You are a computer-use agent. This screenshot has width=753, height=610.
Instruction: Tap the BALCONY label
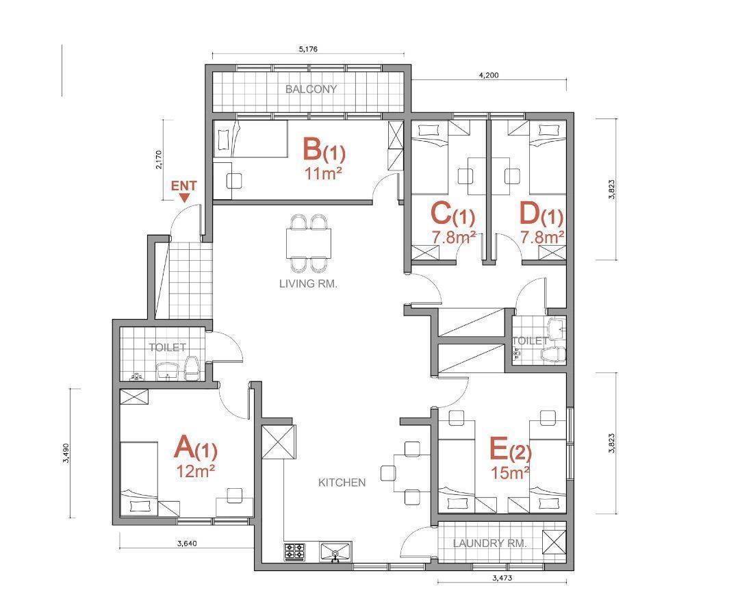pos(311,89)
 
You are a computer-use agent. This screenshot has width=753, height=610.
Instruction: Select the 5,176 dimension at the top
pos(308,49)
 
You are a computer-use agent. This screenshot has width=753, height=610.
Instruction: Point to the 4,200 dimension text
pos(489,75)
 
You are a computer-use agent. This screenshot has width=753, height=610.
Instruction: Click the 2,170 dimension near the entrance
pos(159,160)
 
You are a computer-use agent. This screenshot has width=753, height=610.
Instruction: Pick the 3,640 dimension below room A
pos(187,544)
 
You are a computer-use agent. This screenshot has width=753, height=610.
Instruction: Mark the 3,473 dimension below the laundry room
pos(502,578)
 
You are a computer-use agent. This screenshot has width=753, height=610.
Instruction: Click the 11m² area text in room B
pos(323,173)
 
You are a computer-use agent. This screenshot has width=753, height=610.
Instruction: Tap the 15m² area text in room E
pos(510,472)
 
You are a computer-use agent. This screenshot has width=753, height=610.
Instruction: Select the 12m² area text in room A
pos(195,472)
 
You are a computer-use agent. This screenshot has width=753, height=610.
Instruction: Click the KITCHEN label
pos(342,482)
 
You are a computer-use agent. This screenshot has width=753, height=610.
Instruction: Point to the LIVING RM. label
pos(308,283)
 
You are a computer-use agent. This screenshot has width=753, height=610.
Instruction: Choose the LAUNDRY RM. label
pos(490,543)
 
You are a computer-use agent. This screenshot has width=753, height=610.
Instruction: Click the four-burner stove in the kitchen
pos(295,552)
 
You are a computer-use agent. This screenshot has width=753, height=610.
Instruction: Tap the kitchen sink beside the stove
pos(335,552)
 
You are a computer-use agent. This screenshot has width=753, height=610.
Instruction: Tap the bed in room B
pos(250,139)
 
